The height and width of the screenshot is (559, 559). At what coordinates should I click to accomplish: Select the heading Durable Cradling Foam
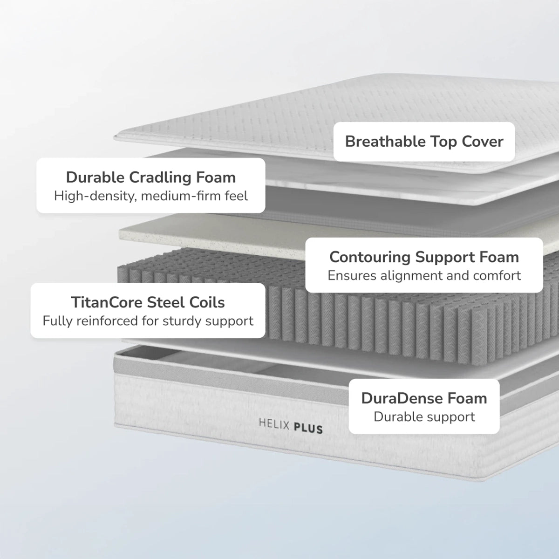150,177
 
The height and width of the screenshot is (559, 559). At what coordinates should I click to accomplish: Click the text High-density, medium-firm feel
150,196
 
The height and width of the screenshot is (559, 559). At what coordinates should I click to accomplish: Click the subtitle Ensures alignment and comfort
424,275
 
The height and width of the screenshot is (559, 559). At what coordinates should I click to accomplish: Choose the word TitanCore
107,302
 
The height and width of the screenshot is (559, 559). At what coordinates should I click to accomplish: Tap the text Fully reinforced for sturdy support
148,321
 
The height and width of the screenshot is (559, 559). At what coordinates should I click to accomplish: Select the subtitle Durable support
424,416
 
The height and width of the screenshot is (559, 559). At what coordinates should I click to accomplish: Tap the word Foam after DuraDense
467,398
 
